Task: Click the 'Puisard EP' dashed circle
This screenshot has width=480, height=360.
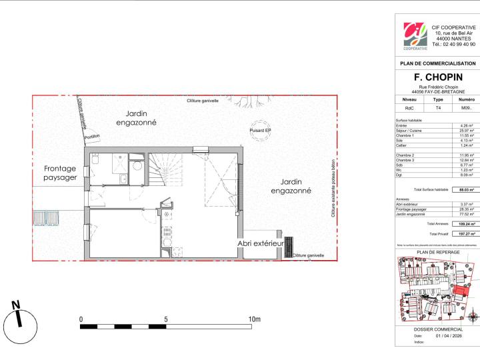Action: click(259, 130)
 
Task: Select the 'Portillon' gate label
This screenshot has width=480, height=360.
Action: click(92, 137)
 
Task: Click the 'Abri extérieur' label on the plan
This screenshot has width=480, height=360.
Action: click(261, 245)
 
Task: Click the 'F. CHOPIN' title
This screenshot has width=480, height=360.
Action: click(437, 77)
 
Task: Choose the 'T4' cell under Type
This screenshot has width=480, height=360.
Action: click(437, 107)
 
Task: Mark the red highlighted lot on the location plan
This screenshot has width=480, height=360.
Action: click(459, 292)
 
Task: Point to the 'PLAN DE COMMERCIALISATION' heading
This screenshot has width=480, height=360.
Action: click(437, 63)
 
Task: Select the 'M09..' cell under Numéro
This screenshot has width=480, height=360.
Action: click(465, 107)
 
